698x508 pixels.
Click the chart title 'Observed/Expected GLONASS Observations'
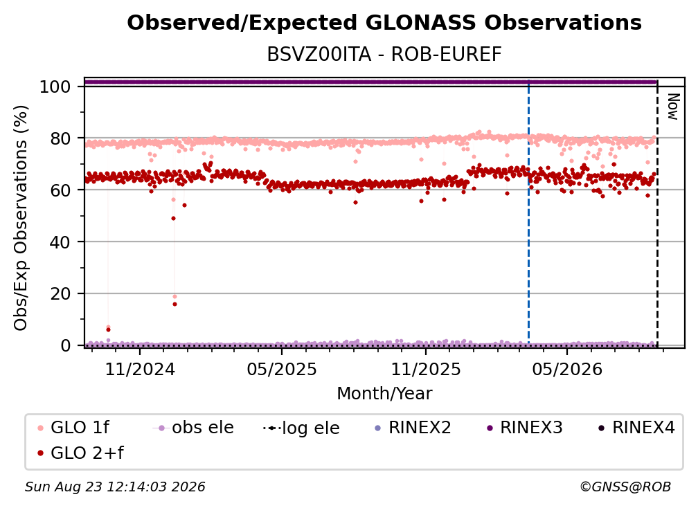tap(384, 23)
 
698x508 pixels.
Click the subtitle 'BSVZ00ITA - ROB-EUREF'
tap(384, 55)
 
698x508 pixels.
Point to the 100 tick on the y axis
tap(55, 87)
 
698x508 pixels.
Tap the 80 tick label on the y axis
tap(60, 138)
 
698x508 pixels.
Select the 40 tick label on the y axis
tap(60, 242)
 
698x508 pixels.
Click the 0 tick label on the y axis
tap(65, 345)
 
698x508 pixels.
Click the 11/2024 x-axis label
tap(140, 369)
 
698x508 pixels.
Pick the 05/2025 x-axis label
tap(282, 369)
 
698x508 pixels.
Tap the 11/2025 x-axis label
tap(426, 369)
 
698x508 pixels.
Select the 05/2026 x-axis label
tap(567, 369)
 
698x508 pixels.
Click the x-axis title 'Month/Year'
tap(384, 394)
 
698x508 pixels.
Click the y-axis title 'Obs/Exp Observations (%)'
tap(21, 217)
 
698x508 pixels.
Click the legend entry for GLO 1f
tap(73, 428)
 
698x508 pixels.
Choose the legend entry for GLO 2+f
tap(80, 453)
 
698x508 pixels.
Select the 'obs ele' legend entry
tap(193, 428)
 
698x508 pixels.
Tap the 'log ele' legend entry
tap(301, 428)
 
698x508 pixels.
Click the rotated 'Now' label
tap(672, 107)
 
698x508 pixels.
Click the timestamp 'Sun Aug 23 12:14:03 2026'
tap(115, 487)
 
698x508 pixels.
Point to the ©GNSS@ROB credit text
tap(625, 487)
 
